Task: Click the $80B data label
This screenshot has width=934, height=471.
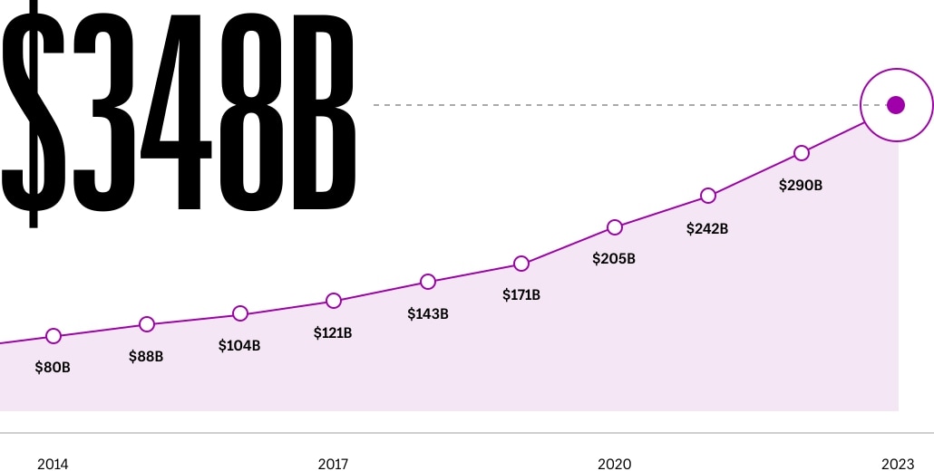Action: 53,368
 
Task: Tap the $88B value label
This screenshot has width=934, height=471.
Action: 146,356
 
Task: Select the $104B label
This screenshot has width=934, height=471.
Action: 238,345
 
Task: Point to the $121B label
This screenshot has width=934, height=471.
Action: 333,333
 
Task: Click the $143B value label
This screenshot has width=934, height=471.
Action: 428,313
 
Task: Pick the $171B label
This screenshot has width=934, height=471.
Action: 521,294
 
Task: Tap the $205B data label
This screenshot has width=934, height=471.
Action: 614,259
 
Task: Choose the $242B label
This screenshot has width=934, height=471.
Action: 707,228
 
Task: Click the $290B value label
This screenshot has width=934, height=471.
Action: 801,186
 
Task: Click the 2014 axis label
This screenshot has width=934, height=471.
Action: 53,464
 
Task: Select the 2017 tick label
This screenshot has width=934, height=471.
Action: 333,464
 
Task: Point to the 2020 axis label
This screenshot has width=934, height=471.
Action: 614,464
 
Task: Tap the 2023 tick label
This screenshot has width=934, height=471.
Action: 897,464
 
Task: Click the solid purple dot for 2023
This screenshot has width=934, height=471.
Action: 896,105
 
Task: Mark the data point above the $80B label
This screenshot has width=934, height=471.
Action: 54,336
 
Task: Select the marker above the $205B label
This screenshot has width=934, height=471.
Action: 615,227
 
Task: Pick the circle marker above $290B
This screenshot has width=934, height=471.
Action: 802,153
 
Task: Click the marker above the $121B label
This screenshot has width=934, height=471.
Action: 334,301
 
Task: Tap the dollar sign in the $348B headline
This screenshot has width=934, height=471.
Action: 33,113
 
